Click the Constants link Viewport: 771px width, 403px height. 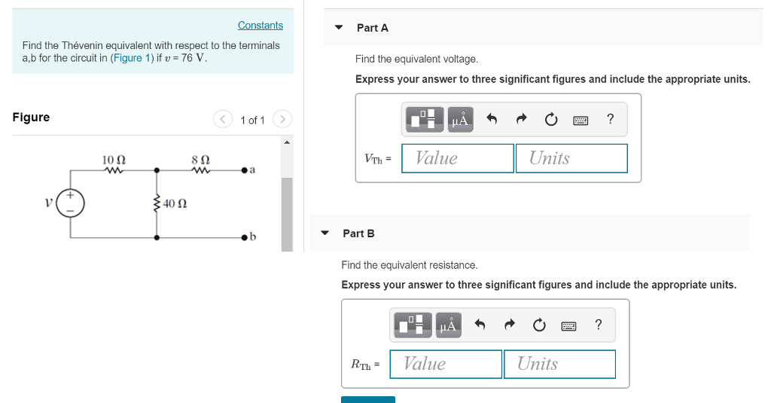coord(260,26)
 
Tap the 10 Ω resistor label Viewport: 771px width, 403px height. coord(114,160)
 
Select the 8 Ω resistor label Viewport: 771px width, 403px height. coord(200,160)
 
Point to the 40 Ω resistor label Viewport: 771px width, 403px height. coord(175,203)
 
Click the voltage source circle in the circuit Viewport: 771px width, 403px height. coord(72,203)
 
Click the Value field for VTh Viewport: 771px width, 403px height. coord(458,158)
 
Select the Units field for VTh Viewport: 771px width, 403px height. coord(571,158)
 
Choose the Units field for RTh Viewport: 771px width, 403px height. coord(559,364)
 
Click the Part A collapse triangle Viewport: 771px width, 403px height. coord(340,28)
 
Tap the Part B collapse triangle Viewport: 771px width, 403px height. coord(325,234)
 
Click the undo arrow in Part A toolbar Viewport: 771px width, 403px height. coord(492,119)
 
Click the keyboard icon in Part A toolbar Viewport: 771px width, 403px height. coord(580,119)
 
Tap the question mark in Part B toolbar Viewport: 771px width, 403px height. coord(598,325)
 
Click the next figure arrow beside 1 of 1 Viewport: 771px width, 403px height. coord(282,119)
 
